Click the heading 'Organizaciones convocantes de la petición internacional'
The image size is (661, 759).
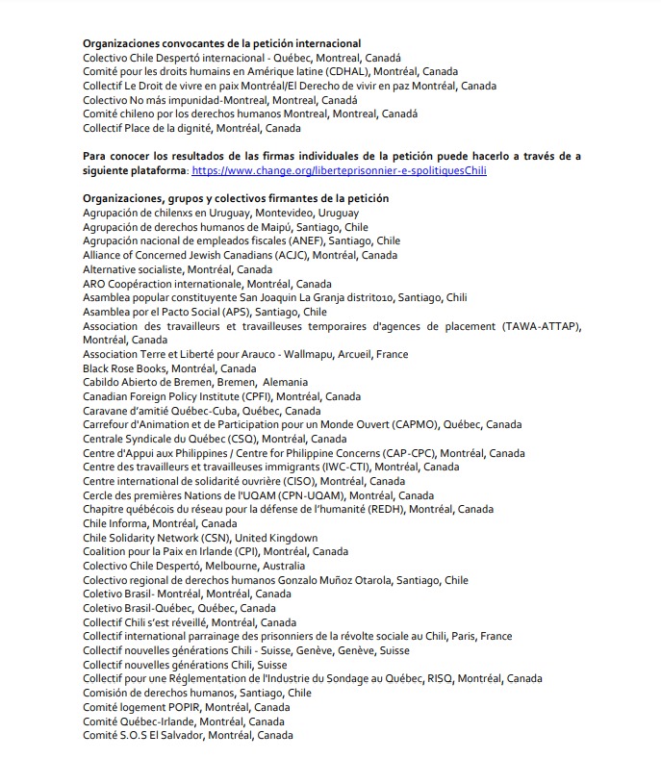pyautogui.click(x=222, y=43)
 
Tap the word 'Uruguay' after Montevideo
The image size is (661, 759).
pyautogui.click(x=338, y=213)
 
